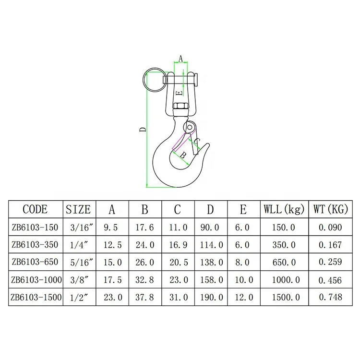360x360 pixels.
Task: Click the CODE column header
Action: [35, 209]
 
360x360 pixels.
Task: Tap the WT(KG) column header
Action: [331, 209]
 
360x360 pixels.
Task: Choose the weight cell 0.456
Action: [331, 280]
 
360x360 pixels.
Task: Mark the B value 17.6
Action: [144, 227]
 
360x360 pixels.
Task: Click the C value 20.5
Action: [178, 262]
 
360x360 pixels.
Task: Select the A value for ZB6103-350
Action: [112, 245]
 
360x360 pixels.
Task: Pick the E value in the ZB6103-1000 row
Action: [243, 280]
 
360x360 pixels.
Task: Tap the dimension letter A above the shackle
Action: [180, 58]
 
